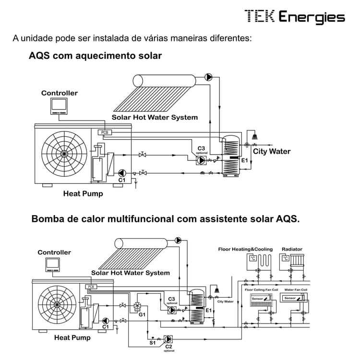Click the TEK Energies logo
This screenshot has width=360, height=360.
tap(294, 17)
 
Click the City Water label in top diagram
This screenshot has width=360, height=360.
tap(272, 151)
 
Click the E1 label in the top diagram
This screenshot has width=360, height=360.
tap(244, 160)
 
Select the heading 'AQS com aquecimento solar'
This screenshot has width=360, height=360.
tap(95, 56)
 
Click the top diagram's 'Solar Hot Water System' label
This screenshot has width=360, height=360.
tap(155, 117)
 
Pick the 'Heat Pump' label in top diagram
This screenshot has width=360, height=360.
tap(83, 194)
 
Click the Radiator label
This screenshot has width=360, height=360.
tap(292, 249)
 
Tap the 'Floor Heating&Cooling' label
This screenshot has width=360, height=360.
tap(245, 249)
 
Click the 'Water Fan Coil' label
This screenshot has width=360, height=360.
tap(296, 289)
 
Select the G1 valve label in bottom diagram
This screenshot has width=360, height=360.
tap(142, 315)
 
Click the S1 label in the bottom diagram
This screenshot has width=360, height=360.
tap(152, 343)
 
